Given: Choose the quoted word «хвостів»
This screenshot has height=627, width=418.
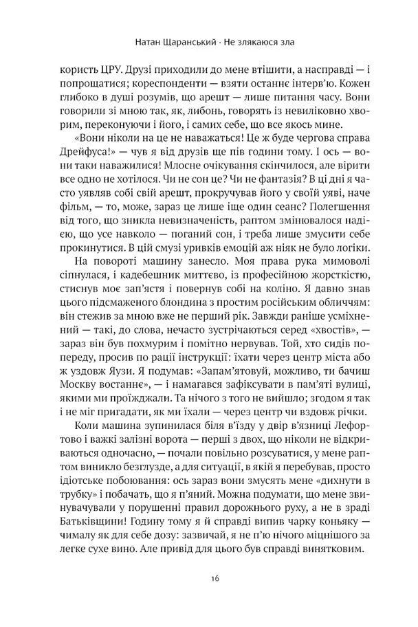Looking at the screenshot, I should [x=345, y=362].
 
